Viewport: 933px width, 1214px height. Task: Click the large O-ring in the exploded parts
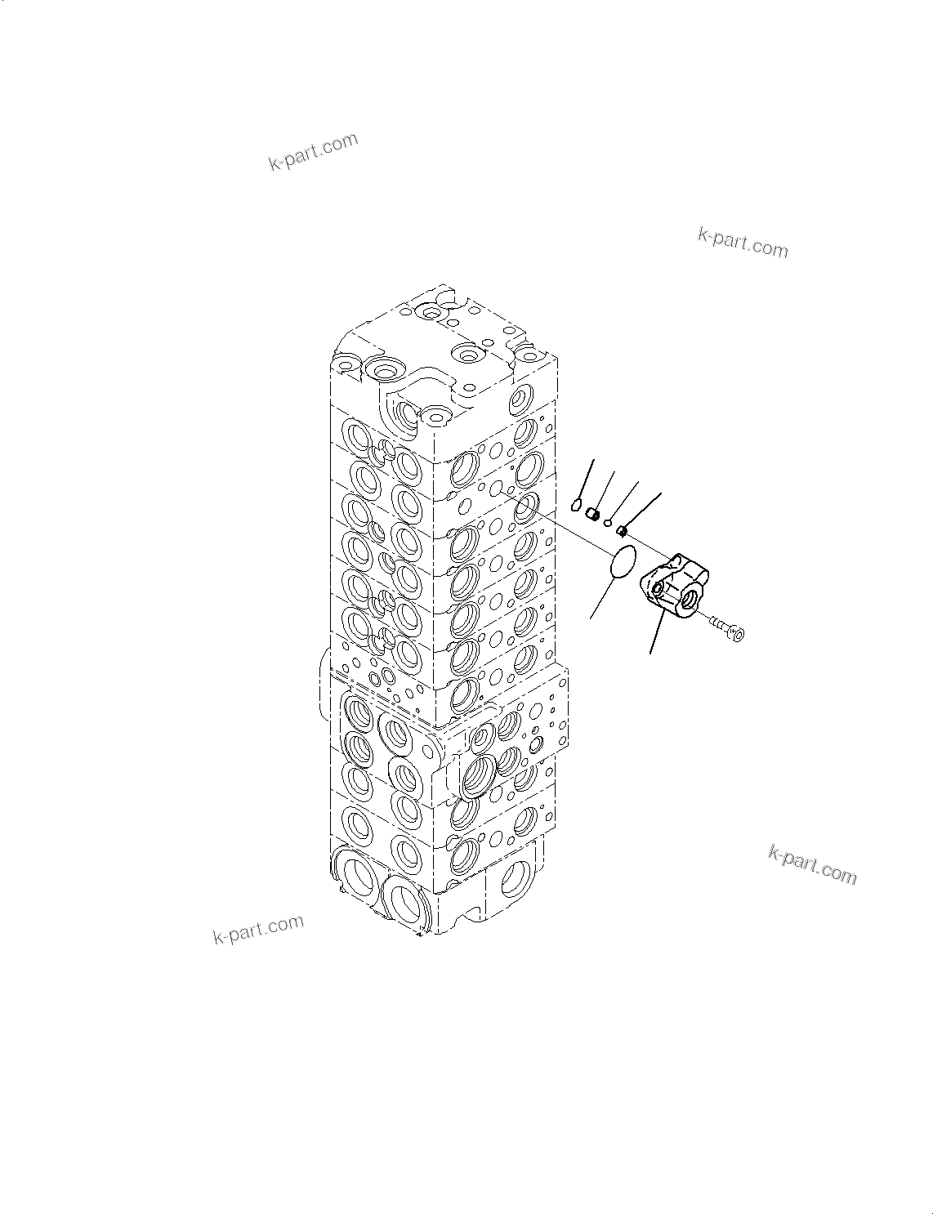[x=623, y=563]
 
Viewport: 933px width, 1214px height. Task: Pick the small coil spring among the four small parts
[x=594, y=515]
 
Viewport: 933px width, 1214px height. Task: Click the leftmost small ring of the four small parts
[x=576, y=505]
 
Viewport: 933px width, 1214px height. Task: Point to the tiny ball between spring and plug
[x=608, y=522]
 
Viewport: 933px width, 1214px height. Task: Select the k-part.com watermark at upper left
[x=313, y=152]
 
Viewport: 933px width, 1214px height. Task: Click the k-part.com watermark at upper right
[x=743, y=243]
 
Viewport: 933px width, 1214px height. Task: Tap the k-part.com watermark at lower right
[x=812, y=864]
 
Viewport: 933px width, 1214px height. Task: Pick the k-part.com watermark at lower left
[x=258, y=929]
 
